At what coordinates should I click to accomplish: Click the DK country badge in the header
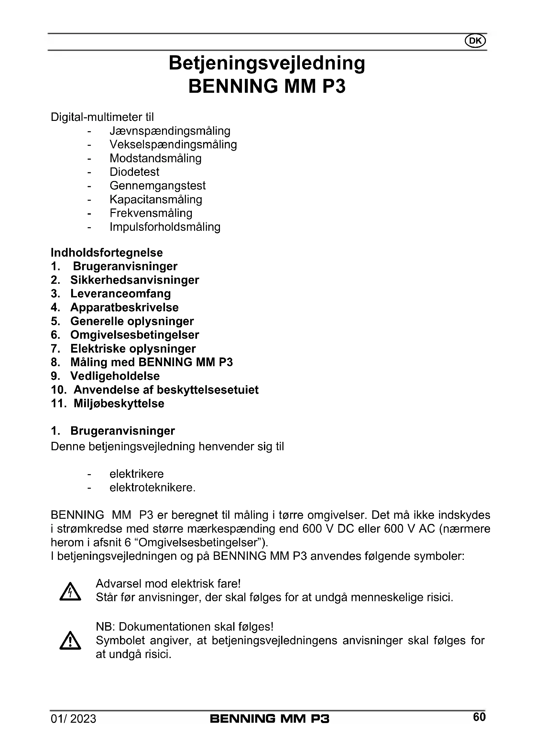point(475,41)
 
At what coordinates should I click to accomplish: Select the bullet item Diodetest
point(135,172)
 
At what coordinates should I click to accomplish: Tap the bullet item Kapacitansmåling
point(156,199)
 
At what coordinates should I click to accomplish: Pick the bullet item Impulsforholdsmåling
point(165,227)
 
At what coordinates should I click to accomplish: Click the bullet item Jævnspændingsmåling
point(170,131)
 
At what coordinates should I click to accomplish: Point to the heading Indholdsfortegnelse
point(107,253)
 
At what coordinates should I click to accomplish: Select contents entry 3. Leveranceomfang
point(111,294)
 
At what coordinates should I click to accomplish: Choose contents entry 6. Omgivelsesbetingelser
point(125,335)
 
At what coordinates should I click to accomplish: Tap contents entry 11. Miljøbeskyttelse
point(107,404)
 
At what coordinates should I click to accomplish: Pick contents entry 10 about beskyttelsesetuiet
point(155,390)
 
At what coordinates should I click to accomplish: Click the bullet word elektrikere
point(137,474)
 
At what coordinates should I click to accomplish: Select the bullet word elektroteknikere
point(153,488)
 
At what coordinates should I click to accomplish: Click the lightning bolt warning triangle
point(70,592)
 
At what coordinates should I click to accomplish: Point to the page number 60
point(479,717)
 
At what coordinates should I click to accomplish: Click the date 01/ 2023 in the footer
point(73,719)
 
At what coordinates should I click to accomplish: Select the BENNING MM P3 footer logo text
point(269,719)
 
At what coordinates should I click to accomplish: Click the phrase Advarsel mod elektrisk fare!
point(168,583)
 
